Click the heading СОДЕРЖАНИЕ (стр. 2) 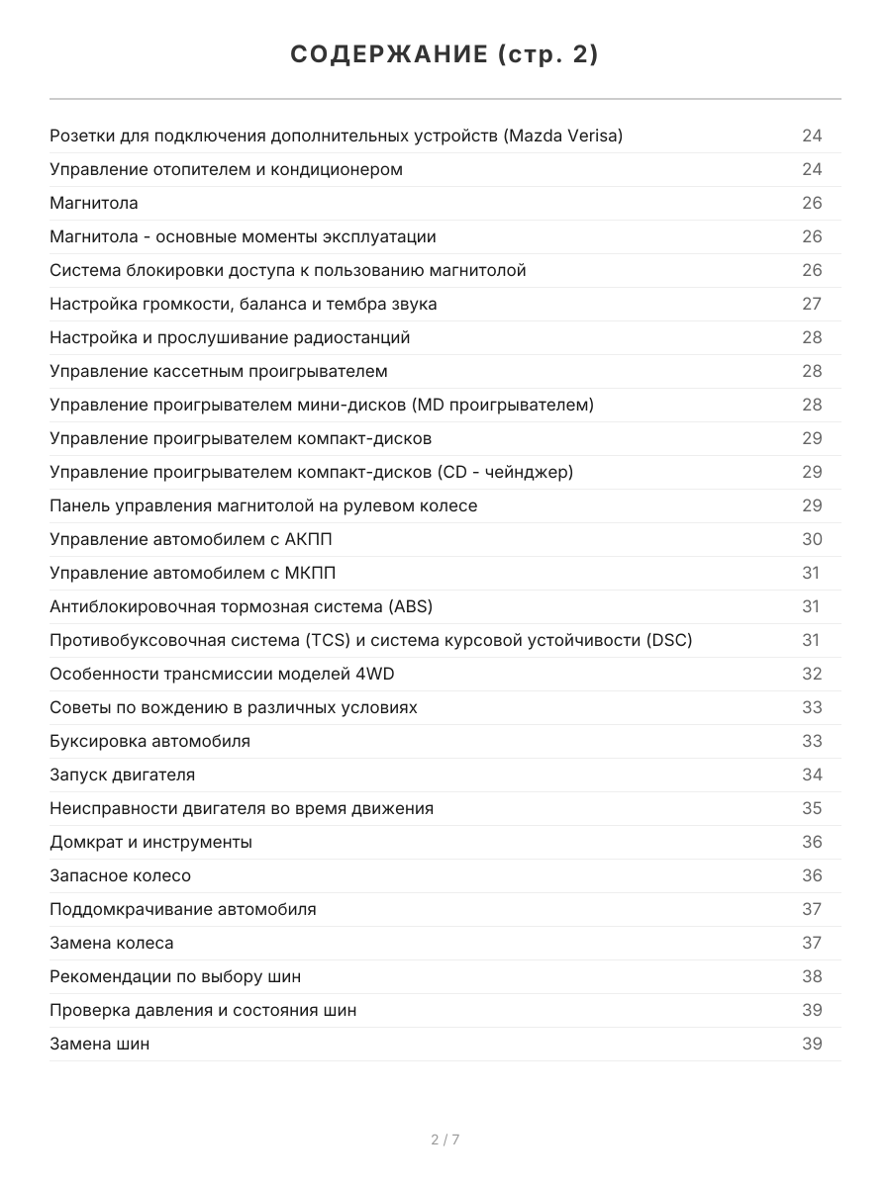click(x=445, y=55)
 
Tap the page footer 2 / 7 click(x=445, y=1140)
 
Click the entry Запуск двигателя click(x=122, y=775)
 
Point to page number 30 click(x=812, y=539)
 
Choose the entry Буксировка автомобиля click(x=149, y=741)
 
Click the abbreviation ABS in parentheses click(x=411, y=606)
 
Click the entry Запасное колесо click(x=120, y=875)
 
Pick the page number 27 click(x=812, y=304)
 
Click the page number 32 click(x=812, y=674)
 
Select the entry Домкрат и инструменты click(x=150, y=842)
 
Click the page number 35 click(x=812, y=808)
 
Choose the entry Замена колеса click(x=111, y=943)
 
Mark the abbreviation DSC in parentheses click(x=668, y=640)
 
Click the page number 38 click(x=812, y=976)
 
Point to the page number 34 click(x=812, y=775)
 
